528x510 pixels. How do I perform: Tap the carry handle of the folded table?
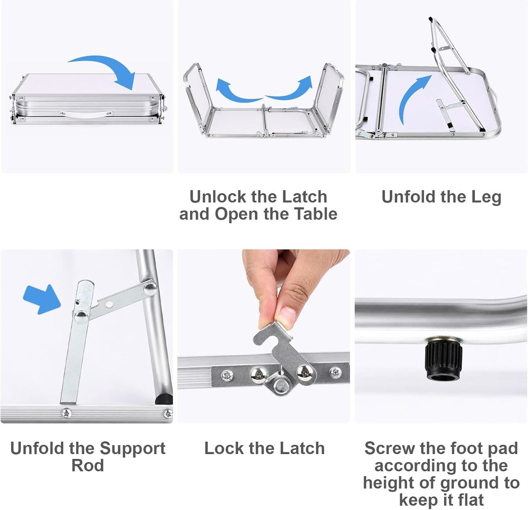point(86,114)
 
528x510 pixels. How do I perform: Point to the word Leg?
point(486,197)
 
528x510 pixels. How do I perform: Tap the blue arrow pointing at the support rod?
point(42,299)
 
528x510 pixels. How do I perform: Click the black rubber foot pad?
point(444,359)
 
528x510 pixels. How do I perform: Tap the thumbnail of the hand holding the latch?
point(264,336)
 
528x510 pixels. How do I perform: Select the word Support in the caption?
point(133,449)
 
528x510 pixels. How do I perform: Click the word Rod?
point(88,466)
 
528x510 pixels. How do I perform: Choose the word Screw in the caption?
point(387,448)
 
